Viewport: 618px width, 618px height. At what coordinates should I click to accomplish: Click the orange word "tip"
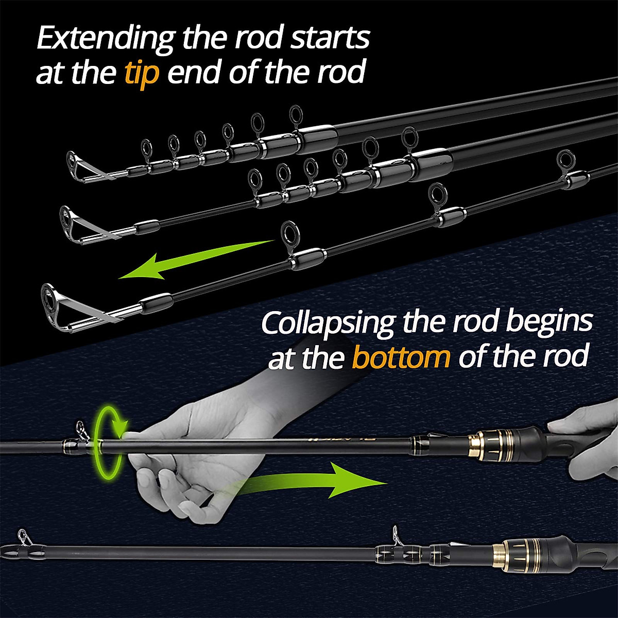[x=141, y=73]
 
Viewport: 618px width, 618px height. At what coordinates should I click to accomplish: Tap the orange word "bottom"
[x=400, y=356]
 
